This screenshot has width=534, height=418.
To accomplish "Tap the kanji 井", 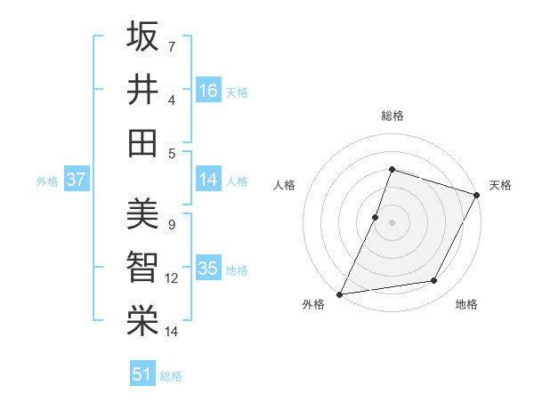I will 142,89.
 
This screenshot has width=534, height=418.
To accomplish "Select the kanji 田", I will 142,142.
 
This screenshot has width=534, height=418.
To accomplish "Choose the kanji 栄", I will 142,320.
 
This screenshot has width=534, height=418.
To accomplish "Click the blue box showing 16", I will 208,91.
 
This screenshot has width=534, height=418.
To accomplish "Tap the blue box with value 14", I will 208,181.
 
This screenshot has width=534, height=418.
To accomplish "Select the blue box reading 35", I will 208,269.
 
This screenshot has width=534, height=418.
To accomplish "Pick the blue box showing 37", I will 77,181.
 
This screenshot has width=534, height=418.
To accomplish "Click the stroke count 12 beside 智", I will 172,278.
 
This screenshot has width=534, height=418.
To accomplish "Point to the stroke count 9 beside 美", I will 172,224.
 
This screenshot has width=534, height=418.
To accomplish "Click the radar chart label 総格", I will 392,116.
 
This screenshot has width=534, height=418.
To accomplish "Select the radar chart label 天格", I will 500,185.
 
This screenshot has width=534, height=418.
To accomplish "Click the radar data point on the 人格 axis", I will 376,217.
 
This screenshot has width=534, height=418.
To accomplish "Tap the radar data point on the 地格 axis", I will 434,281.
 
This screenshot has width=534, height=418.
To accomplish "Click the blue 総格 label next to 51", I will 171,376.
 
